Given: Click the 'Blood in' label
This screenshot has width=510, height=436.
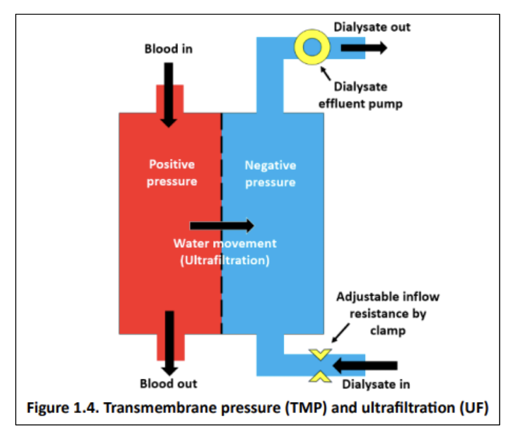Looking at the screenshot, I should click(168, 49).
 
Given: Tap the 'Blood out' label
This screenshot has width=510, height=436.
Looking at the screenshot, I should click(168, 384).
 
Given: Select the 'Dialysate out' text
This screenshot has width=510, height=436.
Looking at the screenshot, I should click(372, 27).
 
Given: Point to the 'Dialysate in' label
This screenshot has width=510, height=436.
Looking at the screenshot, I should click(376, 384).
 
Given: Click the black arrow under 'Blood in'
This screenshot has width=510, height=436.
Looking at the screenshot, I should click(168, 94).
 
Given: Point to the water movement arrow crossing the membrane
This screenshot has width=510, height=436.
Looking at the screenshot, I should click(222, 225).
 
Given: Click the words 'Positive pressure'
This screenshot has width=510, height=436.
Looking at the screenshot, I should click(171, 173).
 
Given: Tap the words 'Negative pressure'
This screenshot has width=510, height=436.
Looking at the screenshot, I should click(270, 174).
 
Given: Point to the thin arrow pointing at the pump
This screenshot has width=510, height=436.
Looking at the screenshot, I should click(327, 71).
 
